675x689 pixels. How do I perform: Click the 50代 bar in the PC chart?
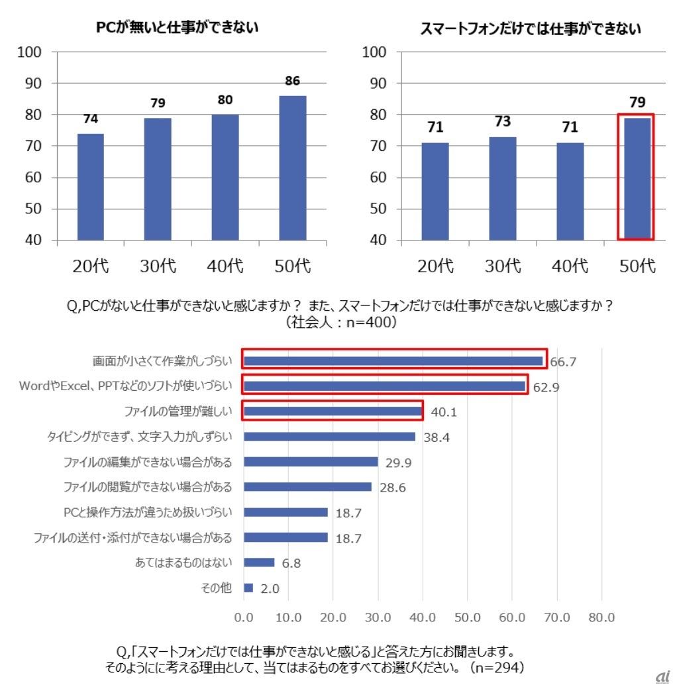point(292,168)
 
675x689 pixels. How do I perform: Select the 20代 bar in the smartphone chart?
point(435,191)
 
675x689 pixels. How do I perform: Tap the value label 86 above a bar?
point(292,81)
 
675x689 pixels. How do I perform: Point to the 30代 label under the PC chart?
point(158,266)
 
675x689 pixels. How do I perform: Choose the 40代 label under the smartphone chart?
point(570,266)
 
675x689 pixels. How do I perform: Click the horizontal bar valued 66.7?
point(393,361)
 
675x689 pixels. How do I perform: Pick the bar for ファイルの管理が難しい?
point(333,411)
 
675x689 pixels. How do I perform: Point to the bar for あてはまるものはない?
point(259,562)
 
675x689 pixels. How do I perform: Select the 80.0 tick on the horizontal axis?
point(601,617)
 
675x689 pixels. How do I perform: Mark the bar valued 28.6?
point(307,487)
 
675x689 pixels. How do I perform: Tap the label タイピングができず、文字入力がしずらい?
point(139,437)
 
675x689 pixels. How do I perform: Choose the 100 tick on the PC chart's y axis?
point(32,52)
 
